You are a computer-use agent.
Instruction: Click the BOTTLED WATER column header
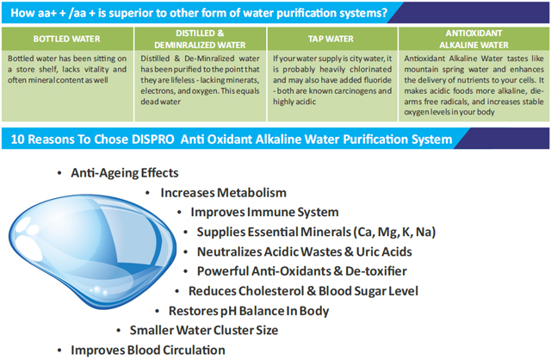coord(67,39)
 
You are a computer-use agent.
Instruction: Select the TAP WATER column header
coord(331,39)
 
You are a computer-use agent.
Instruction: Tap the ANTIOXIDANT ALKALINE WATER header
coord(474,39)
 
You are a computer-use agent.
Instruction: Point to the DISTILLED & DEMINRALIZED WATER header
coord(200,39)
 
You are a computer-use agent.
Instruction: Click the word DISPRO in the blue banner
coord(153,140)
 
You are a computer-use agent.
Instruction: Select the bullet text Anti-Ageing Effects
coord(125,173)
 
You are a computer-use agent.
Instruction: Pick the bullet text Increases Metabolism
coord(224,193)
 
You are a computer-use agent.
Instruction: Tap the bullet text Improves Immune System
coord(264,213)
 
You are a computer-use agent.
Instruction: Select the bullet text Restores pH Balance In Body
coord(249,311)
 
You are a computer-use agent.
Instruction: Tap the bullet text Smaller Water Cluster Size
coord(204,331)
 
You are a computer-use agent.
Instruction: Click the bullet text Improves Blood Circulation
coord(148,351)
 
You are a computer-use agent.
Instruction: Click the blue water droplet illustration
coord(92,251)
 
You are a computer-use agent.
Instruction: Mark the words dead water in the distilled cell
coord(161,102)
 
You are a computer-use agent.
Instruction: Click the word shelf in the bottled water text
coord(46,69)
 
